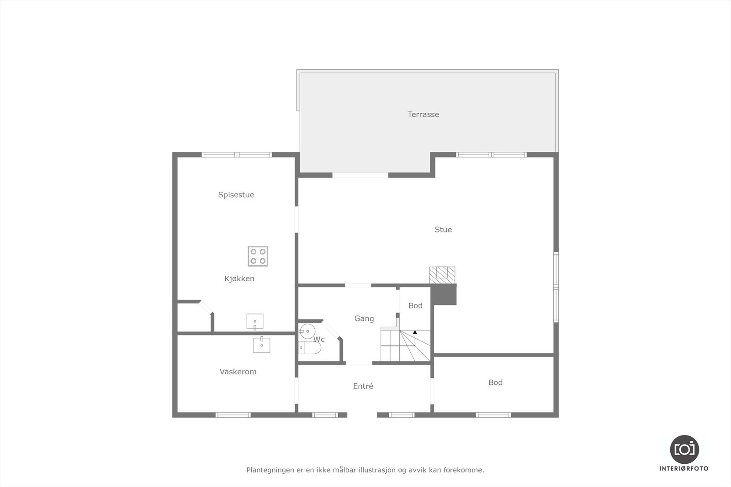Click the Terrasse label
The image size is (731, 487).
pos(423,115)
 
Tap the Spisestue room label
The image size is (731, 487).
pos(236,195)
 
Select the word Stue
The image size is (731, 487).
pos(443,230)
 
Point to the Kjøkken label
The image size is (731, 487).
pos(239,278)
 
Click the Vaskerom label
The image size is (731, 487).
pos(238,372)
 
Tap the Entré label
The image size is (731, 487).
pos(363,386)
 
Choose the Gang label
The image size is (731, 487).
pos(364,319)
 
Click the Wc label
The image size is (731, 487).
pos(319,340)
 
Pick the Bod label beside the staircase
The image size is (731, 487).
pos(415,306)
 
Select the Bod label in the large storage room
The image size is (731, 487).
pos(495,382)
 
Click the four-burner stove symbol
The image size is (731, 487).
pos(258,256)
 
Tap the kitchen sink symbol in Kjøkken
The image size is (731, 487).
pos(254,321)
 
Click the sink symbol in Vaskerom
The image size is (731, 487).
pos(261,345)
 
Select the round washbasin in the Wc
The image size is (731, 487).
pos(307,330)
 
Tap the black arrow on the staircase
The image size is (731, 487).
pos(415,333)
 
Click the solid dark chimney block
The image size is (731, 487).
pos(444,294)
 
